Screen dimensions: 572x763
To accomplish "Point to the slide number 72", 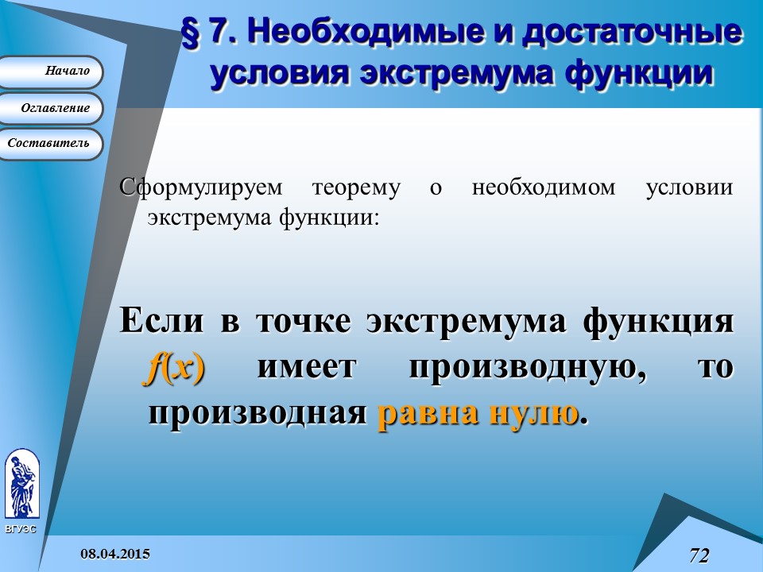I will (699, 555).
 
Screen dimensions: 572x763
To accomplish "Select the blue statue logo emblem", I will (21, 484).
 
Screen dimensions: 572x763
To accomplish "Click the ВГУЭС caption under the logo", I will (20, 529).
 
